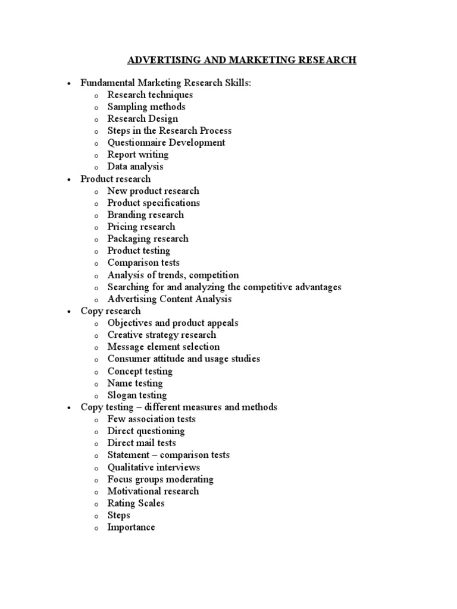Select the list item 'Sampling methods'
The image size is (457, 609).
pos(146,107)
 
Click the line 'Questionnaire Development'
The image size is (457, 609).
pos(166,143)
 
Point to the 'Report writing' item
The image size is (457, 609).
pos(137,155)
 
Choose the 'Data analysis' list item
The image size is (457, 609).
pos(135,167)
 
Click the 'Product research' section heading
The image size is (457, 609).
pos(115,179)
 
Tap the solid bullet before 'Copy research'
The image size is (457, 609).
pos(70,312)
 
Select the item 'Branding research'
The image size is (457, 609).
pos(145,215)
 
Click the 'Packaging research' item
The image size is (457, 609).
pos(148,239)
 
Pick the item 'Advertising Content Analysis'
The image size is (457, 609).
pos(169,299)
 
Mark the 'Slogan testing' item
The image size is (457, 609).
pos(137,395)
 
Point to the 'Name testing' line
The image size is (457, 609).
pos(134,384)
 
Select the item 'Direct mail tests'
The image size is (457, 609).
pos(141,443)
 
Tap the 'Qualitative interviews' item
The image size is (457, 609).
pos(154,467)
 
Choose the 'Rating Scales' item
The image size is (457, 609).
pos(136,503)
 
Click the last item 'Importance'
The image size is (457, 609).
pos(131,528)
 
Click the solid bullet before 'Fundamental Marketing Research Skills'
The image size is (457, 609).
pos(70,84)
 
